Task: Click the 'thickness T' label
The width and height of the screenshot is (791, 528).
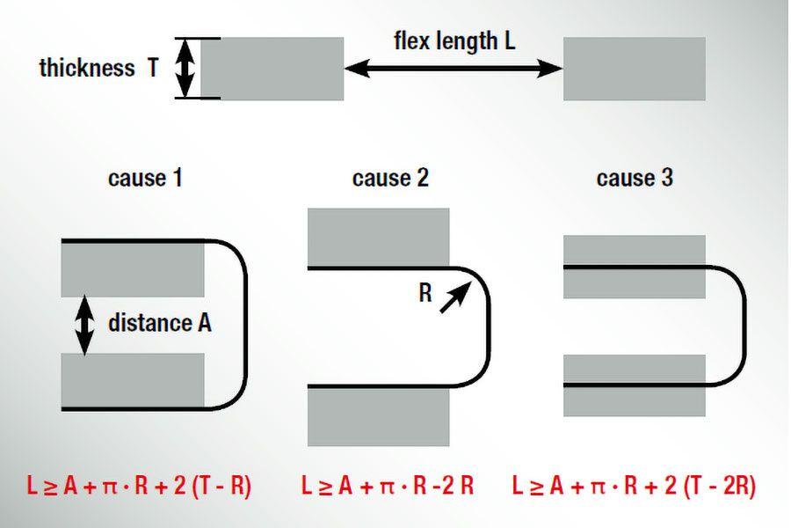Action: click(98, 69)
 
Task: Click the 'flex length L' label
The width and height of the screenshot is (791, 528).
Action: click(454, 40)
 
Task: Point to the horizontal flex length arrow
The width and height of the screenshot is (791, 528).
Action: click(454, 68)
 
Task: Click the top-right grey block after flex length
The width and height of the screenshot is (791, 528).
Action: click(634, 68)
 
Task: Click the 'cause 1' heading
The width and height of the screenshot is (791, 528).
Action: click(145, 179)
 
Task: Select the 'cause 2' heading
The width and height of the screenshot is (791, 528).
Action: click(390, 179)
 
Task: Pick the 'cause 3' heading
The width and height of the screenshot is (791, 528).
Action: click(635, 179)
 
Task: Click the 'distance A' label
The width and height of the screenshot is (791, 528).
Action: click(159, 323)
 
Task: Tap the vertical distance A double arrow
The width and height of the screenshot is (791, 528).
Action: click(84, 325)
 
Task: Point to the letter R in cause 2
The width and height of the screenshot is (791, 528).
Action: click(425, 293)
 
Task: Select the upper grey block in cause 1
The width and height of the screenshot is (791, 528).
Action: click(133, 268)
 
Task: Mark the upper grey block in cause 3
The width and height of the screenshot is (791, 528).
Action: click(634, 264)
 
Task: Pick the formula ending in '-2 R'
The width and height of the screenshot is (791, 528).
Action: click(388, 486)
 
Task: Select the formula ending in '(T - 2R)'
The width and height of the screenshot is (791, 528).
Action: click(634, 486)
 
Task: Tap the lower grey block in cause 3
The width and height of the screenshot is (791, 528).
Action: click(634, 385)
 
